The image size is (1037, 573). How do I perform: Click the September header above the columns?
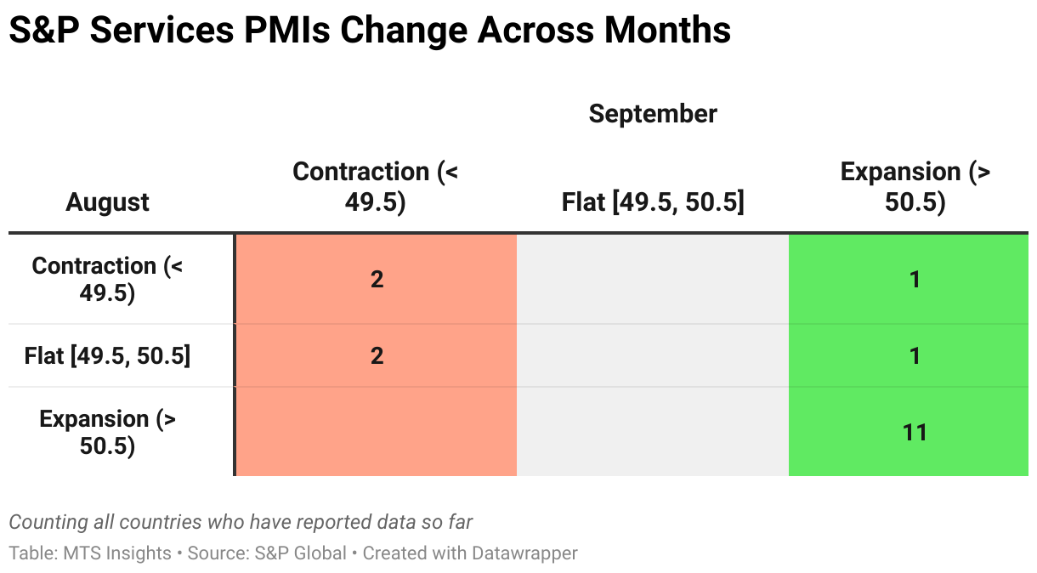(652, 114)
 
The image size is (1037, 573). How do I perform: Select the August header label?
(107, 202)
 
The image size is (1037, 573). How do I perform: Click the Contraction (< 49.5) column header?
(375, 187)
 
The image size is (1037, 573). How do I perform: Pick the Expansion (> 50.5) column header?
(915, 187)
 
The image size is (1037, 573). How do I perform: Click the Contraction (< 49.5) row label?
(107, 280)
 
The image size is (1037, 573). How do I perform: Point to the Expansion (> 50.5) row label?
(107, 432)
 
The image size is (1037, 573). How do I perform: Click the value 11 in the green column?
(915, 432)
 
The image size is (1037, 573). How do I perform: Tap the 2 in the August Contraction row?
(377, 280)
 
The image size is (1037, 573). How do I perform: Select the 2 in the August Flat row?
(377, 355)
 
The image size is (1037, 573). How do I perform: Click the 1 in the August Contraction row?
(915, 280)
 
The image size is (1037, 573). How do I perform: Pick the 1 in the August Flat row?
(915, 355)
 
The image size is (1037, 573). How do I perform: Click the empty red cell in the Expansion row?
(377, 432)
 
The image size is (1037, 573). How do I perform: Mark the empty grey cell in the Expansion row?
(652, 432)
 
